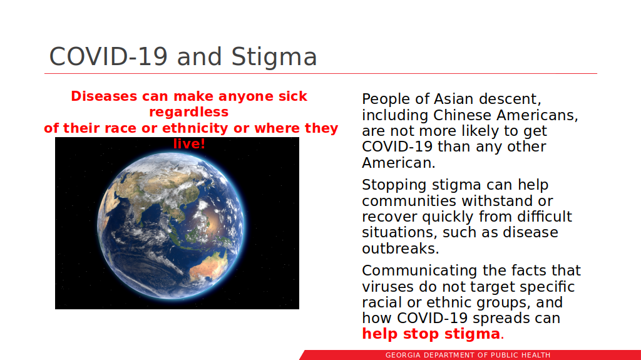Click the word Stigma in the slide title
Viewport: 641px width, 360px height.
(x=274, y=57)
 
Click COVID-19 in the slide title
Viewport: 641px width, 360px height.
(x=108, y=56)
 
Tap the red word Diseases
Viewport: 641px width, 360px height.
(x=104, y=96)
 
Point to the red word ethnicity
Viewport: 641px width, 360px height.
(x=195, y=128)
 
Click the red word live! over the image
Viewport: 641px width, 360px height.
(x=189, y=143)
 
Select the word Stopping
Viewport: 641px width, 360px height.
(x=394, y=185)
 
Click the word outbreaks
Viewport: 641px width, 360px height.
(x=400, y=249)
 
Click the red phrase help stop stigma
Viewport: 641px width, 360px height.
(x=431, y=334)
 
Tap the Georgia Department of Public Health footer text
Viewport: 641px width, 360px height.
(x=468, y=355)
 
